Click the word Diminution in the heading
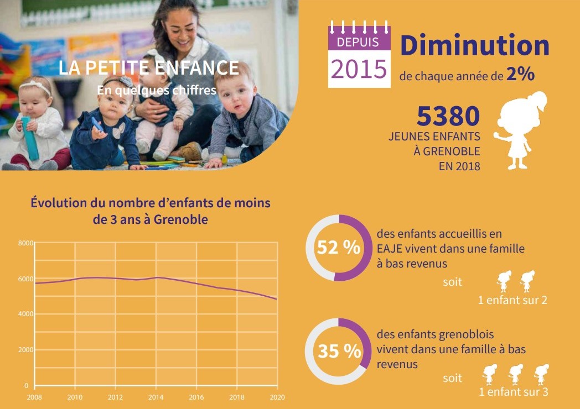coord(474,46)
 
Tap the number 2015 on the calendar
coord(359,69)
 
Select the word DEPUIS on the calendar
coord(358,41)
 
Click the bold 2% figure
coord(520,75)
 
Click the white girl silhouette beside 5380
coord(520,130)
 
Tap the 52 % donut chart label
coord(338,248)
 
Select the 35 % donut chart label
coord(339,351)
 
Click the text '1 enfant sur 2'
coord(512,300)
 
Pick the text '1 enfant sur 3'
coord(513,392)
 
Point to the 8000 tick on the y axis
coord(25,243)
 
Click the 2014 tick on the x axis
coord(156,396)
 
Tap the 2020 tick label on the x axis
coord(277,396)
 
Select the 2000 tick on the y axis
coord(25,350)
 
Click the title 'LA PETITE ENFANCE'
coord(149,69)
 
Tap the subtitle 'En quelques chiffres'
coord(156,90)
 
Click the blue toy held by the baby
coord(30,138)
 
